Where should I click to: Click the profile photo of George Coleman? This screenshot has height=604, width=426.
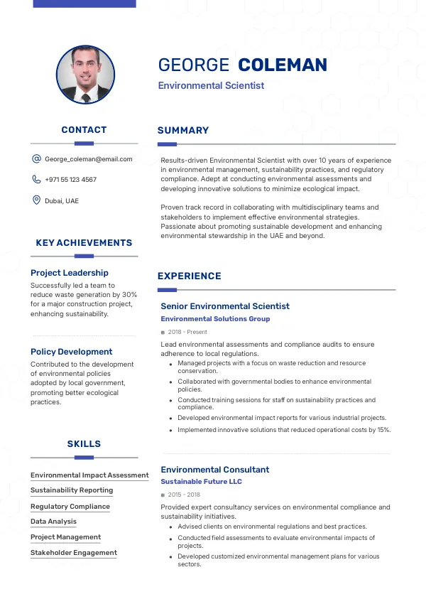click(85, 75)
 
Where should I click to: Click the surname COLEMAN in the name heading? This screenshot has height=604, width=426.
click(283, 65)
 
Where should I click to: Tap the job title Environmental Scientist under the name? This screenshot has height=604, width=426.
click(211, 86)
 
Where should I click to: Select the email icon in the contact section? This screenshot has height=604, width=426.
click(36, 159)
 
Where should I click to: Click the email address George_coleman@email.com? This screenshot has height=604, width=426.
click(89, 159)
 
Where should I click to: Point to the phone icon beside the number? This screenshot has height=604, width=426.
click(36, 180)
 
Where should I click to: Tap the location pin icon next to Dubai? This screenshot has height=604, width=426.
click(36, 200)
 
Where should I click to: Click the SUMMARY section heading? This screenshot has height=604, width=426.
click(183, 131)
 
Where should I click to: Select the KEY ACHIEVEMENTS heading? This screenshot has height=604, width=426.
click(84, 243)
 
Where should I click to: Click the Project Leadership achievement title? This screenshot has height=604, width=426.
click(70, 273)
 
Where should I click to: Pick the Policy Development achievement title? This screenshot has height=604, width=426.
click(71, 352)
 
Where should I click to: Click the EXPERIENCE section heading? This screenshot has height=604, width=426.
click(190, 276)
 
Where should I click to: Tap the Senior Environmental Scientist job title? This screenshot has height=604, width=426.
click(225, 306)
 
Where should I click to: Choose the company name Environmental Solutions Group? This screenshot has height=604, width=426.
click(215, 319)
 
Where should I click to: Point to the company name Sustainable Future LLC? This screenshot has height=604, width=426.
click(201, 482)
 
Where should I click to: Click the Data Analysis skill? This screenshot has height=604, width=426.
click(53, 522)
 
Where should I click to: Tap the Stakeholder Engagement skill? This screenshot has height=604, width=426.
click(74, 553)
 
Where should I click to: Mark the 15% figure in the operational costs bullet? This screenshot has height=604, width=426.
click(383, 430)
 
